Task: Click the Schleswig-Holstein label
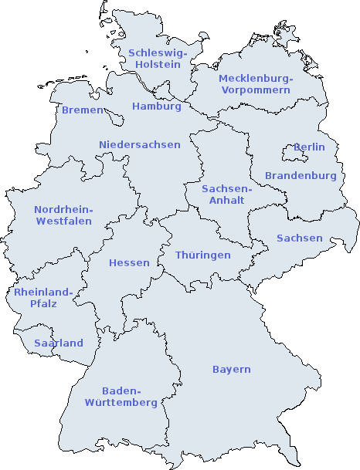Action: click(158, 59)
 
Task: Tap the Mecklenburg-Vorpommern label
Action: click(255, 84)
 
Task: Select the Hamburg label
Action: click(156, 107)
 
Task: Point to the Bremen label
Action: click(82, 110)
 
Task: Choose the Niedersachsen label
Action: click(139, 145)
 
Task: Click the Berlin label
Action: click(310, 147)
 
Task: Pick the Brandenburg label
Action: click(301, 176)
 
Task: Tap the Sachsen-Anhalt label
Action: click(226, 194)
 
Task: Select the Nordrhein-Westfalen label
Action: click(63, 215)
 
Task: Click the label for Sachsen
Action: click(299, 238)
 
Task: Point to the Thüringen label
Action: click(202, 255)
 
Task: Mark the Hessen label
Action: click(129, 263)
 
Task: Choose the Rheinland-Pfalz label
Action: click(42, 298)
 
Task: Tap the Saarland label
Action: click(58, 343)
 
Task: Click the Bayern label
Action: click(231, 370)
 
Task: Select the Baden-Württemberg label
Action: click(121, 397)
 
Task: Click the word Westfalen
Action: click(63, 221)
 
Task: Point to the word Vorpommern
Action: click(255, 90)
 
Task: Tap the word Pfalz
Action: click(42, 304)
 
